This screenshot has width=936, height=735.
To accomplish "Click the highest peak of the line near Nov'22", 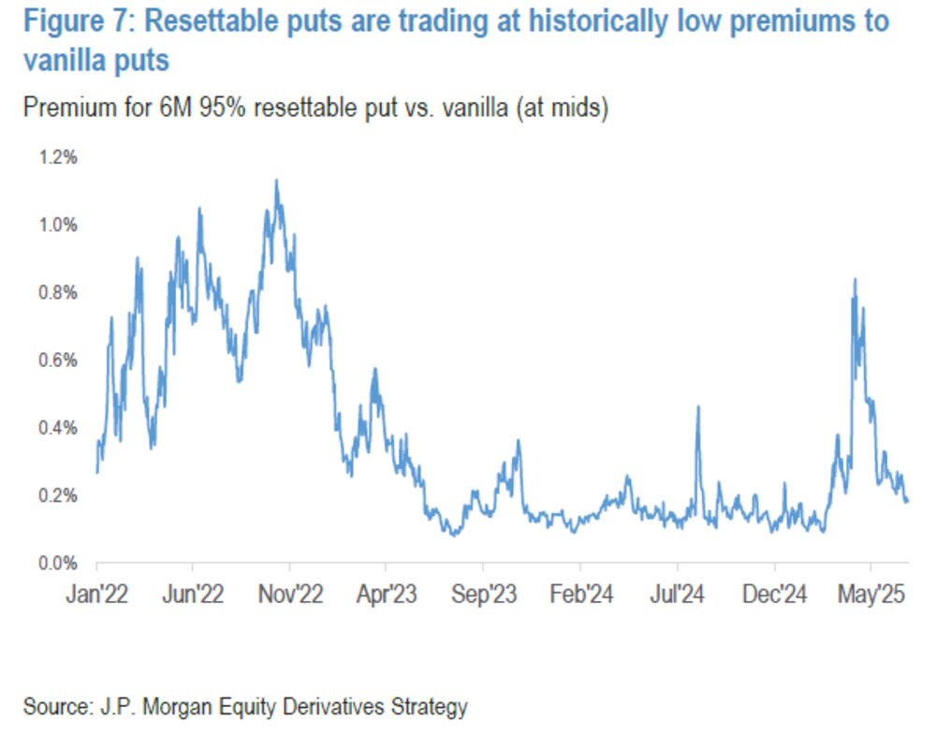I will (276, 181).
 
